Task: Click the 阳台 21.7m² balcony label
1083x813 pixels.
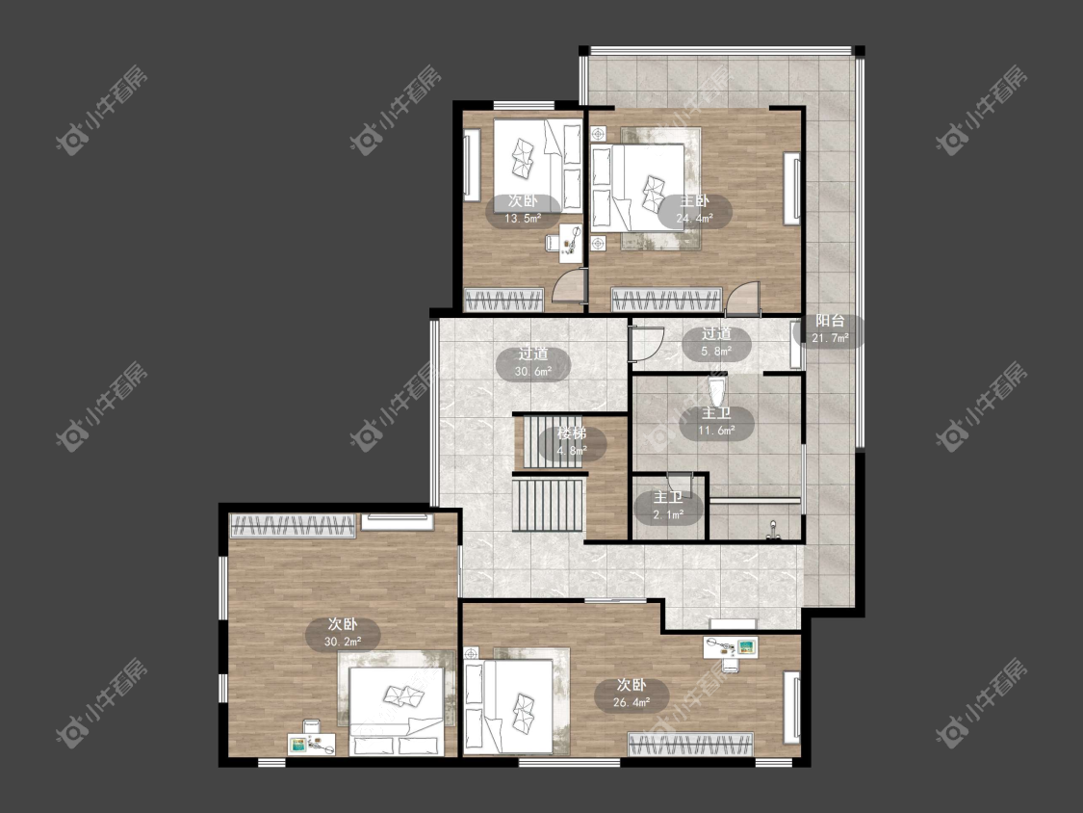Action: [830, 329]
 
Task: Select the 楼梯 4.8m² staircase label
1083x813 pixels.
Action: [572, 442]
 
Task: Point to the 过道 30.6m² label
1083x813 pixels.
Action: [533, 363]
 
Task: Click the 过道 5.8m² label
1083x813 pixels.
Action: [716, 342]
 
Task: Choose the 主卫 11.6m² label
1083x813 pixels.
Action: [716, 423]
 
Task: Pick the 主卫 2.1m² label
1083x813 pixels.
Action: [668, 506]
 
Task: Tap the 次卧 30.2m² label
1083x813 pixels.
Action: [343, 633]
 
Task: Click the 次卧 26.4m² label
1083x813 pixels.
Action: [632, 695]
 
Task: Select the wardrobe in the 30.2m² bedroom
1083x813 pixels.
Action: [293, 525]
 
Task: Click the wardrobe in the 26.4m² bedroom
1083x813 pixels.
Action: [690, 744]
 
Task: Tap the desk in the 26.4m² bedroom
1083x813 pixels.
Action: [731, 647]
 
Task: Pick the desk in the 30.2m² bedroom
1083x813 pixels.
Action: [312, 744]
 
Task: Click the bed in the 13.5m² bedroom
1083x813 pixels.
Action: [537, 166]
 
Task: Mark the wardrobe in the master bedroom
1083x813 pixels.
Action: [666, 300]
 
